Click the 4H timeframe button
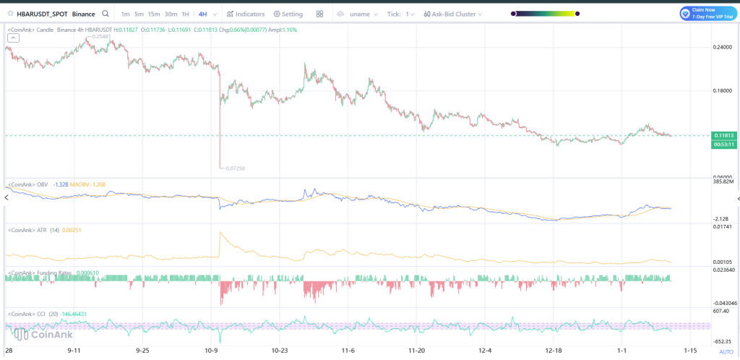203,14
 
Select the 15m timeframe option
155,14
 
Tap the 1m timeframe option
126,14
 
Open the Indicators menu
246,14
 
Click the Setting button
288,14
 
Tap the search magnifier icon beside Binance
106,14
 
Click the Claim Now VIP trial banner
705,13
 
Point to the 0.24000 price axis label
723,47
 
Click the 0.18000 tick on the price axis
723,91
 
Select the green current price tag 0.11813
723,135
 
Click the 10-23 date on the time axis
280,350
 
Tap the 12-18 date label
554,350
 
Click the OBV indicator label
41,184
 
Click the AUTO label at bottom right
726,351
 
